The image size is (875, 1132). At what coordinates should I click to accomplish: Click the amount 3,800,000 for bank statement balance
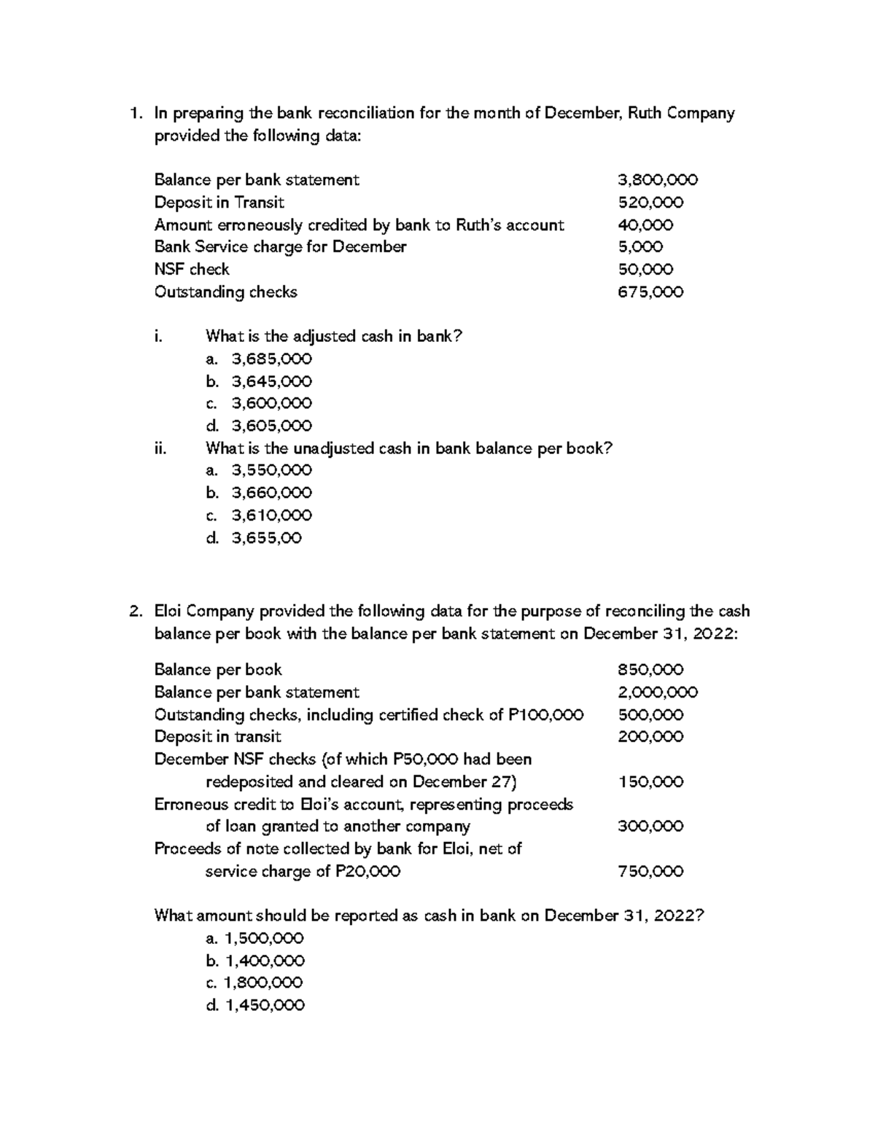(657, 180)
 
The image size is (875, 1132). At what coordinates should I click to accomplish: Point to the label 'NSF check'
(192, 270)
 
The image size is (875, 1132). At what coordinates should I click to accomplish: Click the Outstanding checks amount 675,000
(650, 292)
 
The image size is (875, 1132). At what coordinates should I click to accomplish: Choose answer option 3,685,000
(271, 359)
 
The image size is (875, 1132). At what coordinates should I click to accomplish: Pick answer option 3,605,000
(271, 426)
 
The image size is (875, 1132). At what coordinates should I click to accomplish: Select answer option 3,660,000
(271, 493)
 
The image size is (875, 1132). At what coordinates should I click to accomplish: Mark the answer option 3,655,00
(266, 538)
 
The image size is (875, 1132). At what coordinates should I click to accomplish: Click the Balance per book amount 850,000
(650, 670)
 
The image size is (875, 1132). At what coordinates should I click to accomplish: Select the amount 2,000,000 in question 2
(657, 692)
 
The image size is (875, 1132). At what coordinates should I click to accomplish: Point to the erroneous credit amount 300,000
(650, 827)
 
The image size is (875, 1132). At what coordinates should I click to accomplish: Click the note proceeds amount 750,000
(650, 871)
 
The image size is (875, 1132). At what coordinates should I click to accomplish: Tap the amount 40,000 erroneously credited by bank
(645, 225)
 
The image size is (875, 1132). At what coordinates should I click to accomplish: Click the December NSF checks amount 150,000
(650, 782)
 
